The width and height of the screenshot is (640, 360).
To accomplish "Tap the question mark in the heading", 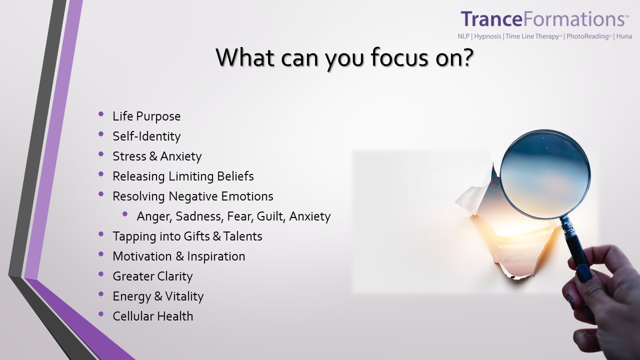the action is coord(465,57).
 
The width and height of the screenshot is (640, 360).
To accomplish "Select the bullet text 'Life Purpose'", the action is coord(146,116).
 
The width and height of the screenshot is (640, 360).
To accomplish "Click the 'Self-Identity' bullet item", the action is coord(146,136).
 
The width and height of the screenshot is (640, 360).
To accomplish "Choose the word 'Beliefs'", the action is coord(235,176).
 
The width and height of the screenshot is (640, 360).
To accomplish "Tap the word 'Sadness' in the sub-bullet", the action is coord(199,216).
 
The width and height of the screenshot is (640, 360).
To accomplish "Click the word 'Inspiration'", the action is coord(216,256).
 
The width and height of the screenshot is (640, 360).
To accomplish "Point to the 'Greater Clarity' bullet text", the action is coord(152,276).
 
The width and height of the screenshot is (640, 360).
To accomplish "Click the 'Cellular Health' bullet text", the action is coord(153,316).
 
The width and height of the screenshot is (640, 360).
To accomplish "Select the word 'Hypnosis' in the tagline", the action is coord(487,36).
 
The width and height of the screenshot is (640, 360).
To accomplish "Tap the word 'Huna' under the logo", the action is coord(624,36).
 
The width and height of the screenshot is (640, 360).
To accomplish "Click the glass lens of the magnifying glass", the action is coord(545,174).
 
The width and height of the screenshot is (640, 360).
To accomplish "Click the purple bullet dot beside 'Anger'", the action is coord(125,214).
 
